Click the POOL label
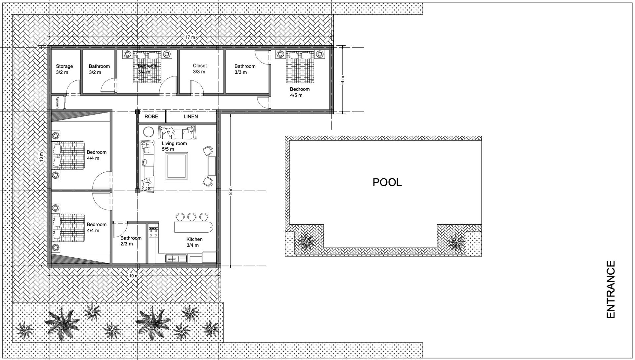tap(387, 182)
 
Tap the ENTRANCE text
tap(611, 290)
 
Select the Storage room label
tap(64, 69)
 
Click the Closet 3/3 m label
tap(200, 69)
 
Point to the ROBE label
tap(151, 116)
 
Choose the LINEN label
tap(191, 116)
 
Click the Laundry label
tap(58, 102)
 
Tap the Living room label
tap(174, 146)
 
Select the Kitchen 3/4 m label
tap(194, 242)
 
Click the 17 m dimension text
tap(190, 37)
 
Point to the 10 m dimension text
tap(134, 276)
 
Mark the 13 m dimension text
tap(41, 156)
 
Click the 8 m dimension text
tap(231, 191)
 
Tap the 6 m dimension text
tap(342, 79)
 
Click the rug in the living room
tap(177, 166)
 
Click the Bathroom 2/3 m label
tap(131, 241)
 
